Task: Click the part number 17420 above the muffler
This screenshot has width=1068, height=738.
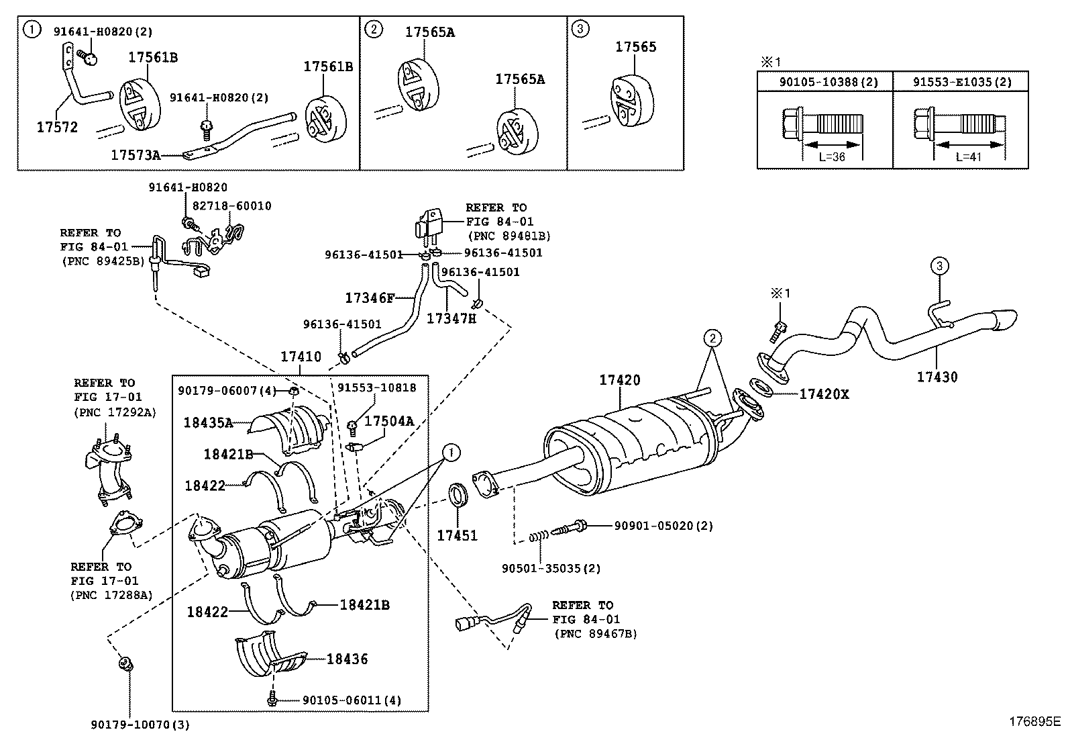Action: pos(619,380)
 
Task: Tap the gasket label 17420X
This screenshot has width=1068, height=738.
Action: pos(823,394)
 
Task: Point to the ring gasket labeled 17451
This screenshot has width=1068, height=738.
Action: pos(457,497)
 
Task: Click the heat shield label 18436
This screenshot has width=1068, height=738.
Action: pos(347,659)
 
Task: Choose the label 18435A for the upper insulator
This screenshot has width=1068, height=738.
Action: pos(208,422)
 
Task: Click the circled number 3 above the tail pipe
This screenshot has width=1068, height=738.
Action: pos(939,267)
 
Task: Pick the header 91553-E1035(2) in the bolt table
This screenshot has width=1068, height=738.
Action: pos(961,82)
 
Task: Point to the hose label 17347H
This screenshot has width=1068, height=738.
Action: pos(451,318)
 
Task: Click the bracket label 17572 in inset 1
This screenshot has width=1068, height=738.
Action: pos(57,127)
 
